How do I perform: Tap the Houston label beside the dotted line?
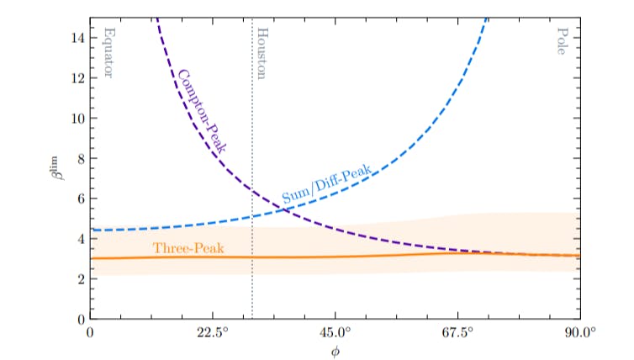point(262,53)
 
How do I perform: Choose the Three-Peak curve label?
point(182,248)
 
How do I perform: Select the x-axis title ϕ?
point(335,351)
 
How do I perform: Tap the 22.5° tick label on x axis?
point(213,332)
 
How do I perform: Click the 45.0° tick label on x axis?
point(335,332)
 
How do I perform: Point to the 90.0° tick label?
point(579,332)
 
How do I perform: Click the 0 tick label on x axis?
point(90,332)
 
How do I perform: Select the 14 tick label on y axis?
point(77,37)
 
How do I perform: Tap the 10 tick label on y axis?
point(77,118)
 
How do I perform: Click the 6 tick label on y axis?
point(80,199)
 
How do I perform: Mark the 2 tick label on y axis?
point(80,279)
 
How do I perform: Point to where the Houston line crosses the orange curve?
point(252,257)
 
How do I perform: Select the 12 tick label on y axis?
point(77,77)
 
